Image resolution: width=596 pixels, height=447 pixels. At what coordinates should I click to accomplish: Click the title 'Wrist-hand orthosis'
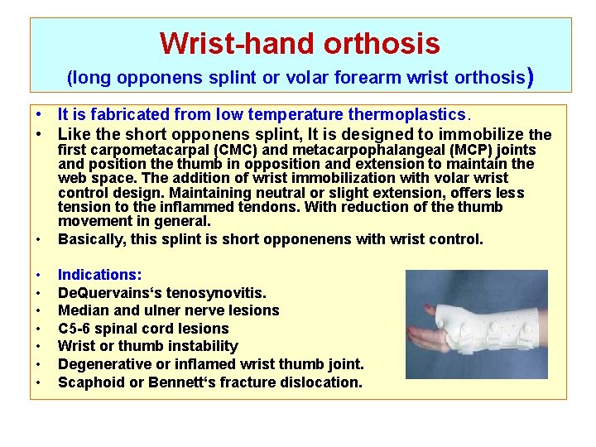300,42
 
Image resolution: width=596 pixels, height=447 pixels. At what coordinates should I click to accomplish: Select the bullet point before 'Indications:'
39,274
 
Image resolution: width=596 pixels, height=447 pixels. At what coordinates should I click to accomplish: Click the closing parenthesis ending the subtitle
529,78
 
